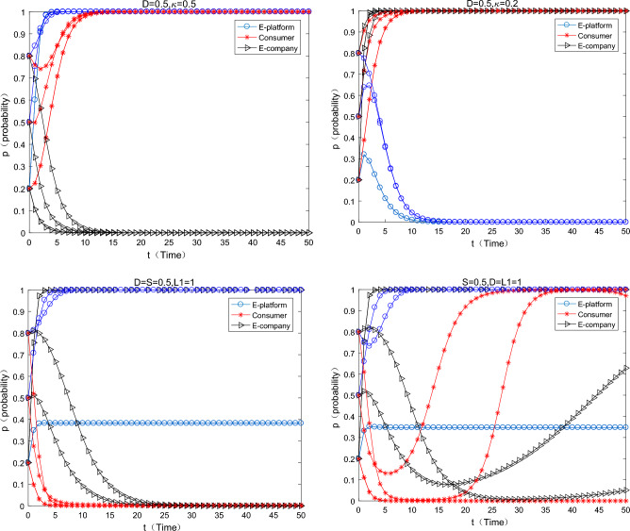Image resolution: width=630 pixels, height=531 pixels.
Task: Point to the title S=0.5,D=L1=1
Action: click(x=492, y=279)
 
